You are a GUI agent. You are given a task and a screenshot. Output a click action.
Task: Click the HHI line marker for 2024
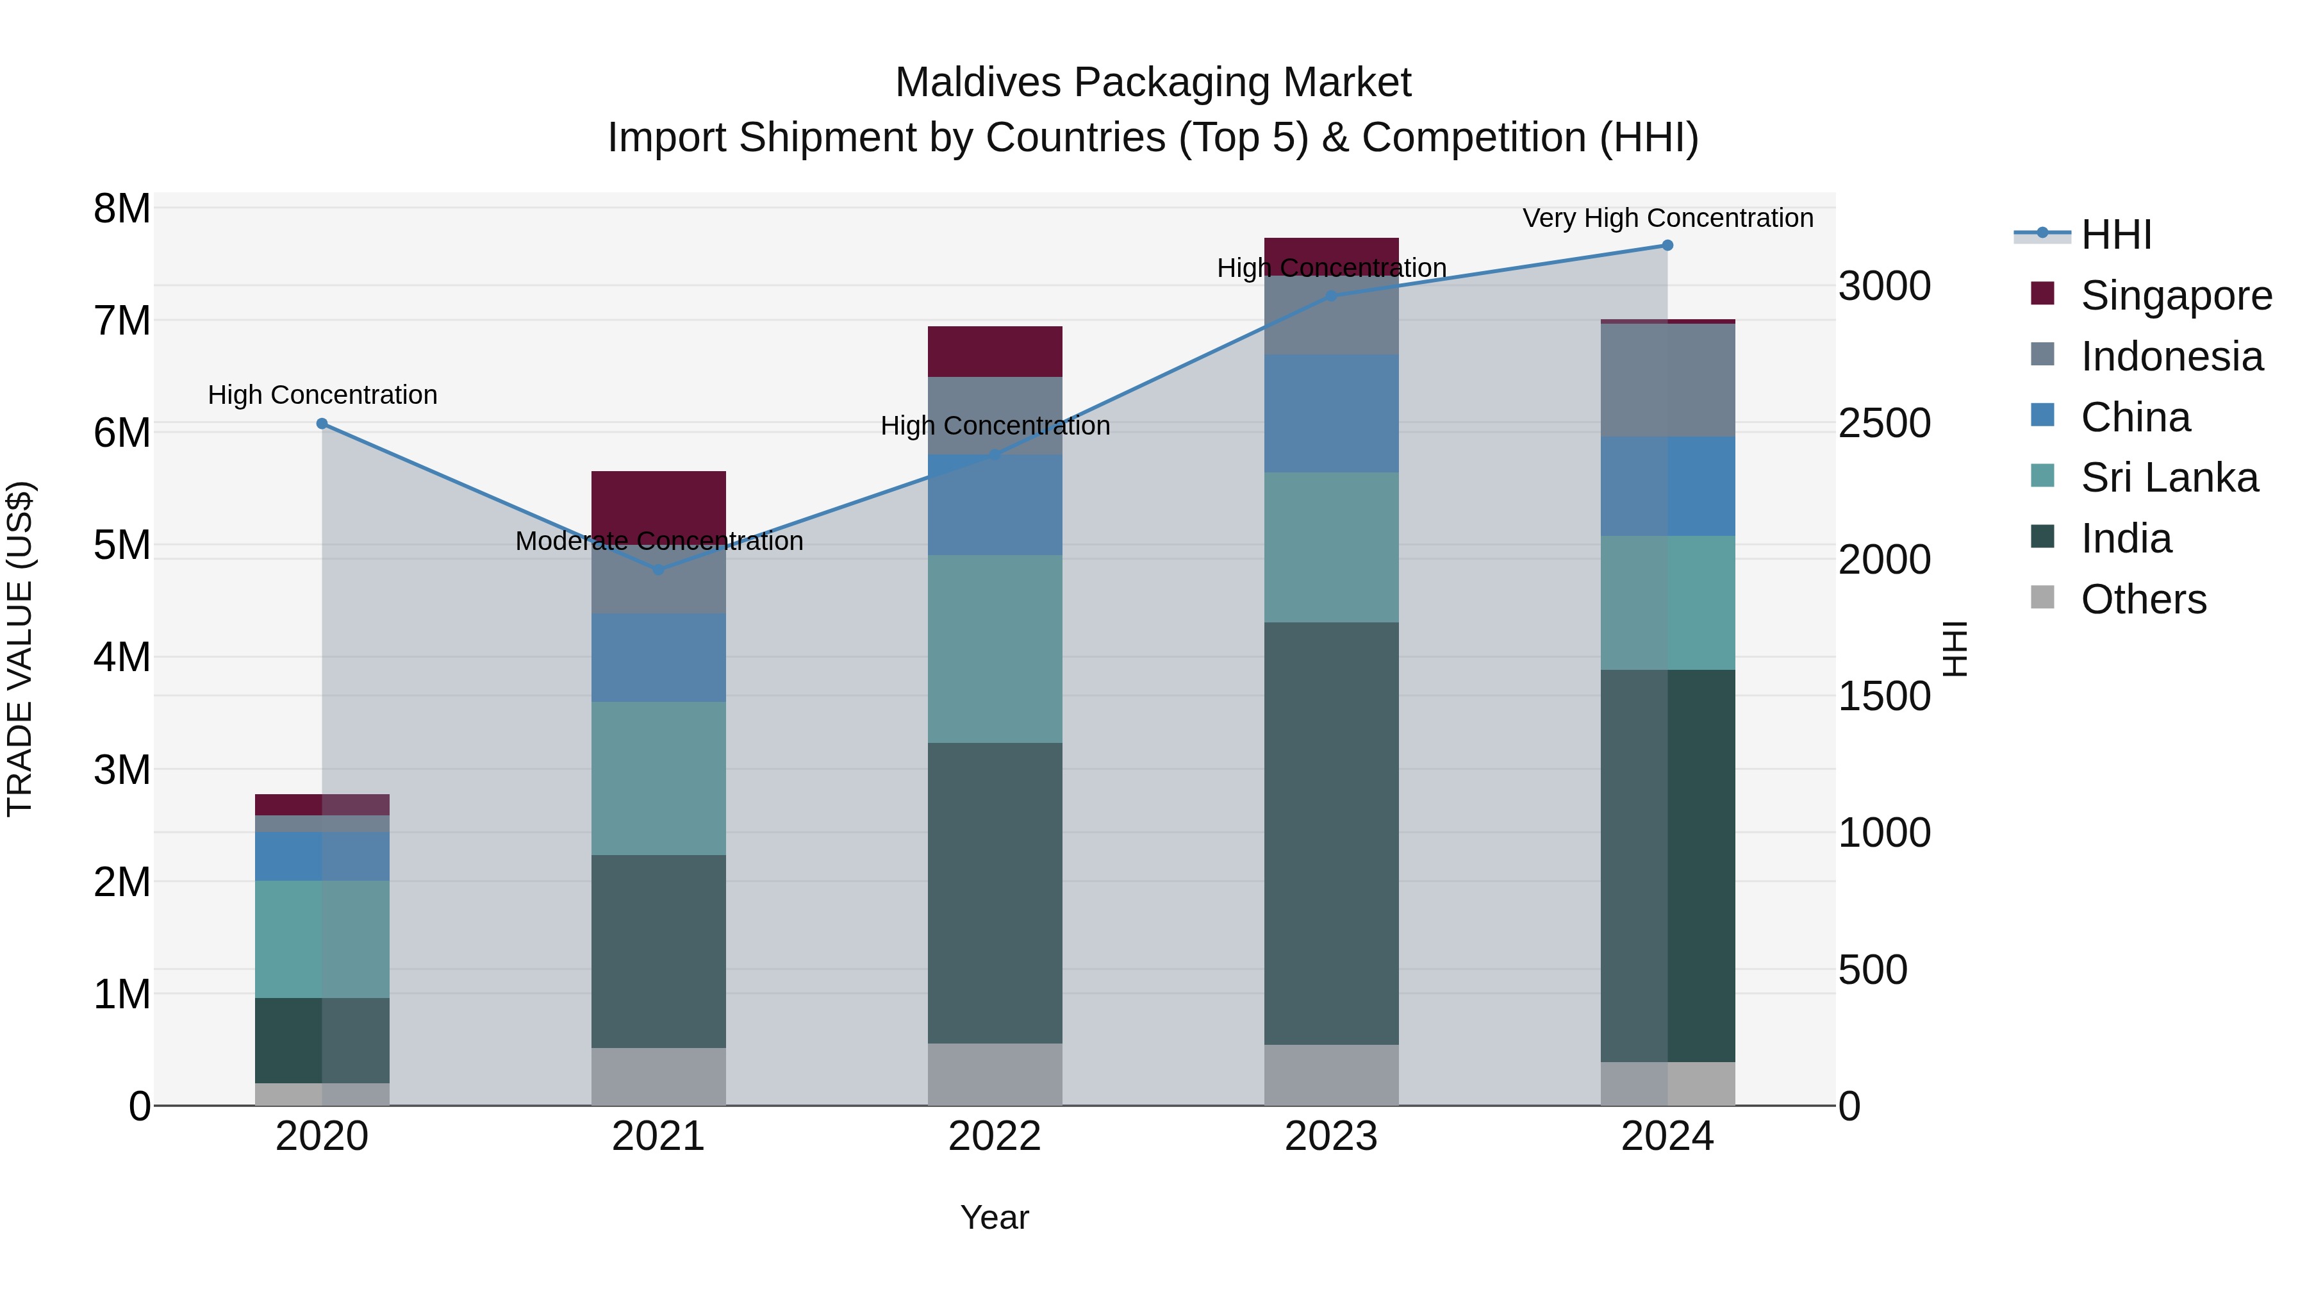(1667, 245)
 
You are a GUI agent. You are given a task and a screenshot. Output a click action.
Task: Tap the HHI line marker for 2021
(658, 570)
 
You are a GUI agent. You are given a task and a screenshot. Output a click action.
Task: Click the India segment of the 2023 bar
(1331, 833)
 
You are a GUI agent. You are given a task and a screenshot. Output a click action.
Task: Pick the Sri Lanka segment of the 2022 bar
(994, 649)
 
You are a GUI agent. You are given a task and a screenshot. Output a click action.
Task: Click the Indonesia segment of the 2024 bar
(1667, 380)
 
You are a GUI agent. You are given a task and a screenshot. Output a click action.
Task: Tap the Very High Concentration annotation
(1667, 218)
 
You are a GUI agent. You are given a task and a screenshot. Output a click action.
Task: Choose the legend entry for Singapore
(2176, 295)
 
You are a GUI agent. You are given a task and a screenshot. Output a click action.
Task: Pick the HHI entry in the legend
(2115, 235)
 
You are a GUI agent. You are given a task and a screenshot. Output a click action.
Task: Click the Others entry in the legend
(2143, 599)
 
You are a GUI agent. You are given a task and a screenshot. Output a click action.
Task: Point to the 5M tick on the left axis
(122, 545)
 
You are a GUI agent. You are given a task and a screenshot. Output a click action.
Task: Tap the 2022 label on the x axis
(994, 1136)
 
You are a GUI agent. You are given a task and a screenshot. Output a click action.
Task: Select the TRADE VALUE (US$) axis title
(20, 649)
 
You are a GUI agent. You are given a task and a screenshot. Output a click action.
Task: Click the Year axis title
(994, 1217)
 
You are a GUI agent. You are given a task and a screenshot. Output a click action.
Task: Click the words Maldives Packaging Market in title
(1153, 83)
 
